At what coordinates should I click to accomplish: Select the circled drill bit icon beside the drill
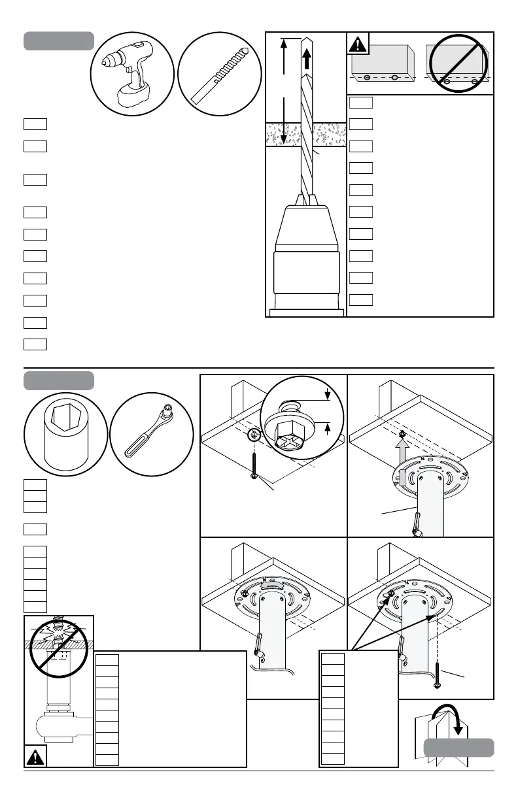point(220,73)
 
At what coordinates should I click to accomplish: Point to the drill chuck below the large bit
point(306,255)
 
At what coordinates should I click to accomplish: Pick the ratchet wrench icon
point(151,437)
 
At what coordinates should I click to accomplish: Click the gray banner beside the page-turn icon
point(458,747)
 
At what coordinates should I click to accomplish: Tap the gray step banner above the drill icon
point(59,41)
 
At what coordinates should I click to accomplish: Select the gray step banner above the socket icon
point(59,380)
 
